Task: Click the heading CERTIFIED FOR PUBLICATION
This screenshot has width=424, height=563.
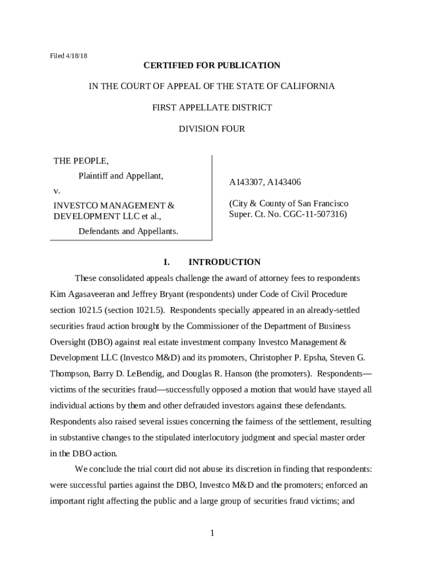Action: pos(212,65)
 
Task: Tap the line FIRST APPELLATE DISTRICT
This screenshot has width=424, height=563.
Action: pos(212,108)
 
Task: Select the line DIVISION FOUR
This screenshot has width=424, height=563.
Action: pos(212,129)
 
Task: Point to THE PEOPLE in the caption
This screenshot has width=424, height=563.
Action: pos(81,161)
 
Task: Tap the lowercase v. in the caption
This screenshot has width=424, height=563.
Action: pos(56,191)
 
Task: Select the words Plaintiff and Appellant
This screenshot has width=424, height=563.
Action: pos(121,176)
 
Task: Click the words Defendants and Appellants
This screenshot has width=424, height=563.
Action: pos(128,231)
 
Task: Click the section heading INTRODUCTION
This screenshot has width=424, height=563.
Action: pos(224,262)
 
